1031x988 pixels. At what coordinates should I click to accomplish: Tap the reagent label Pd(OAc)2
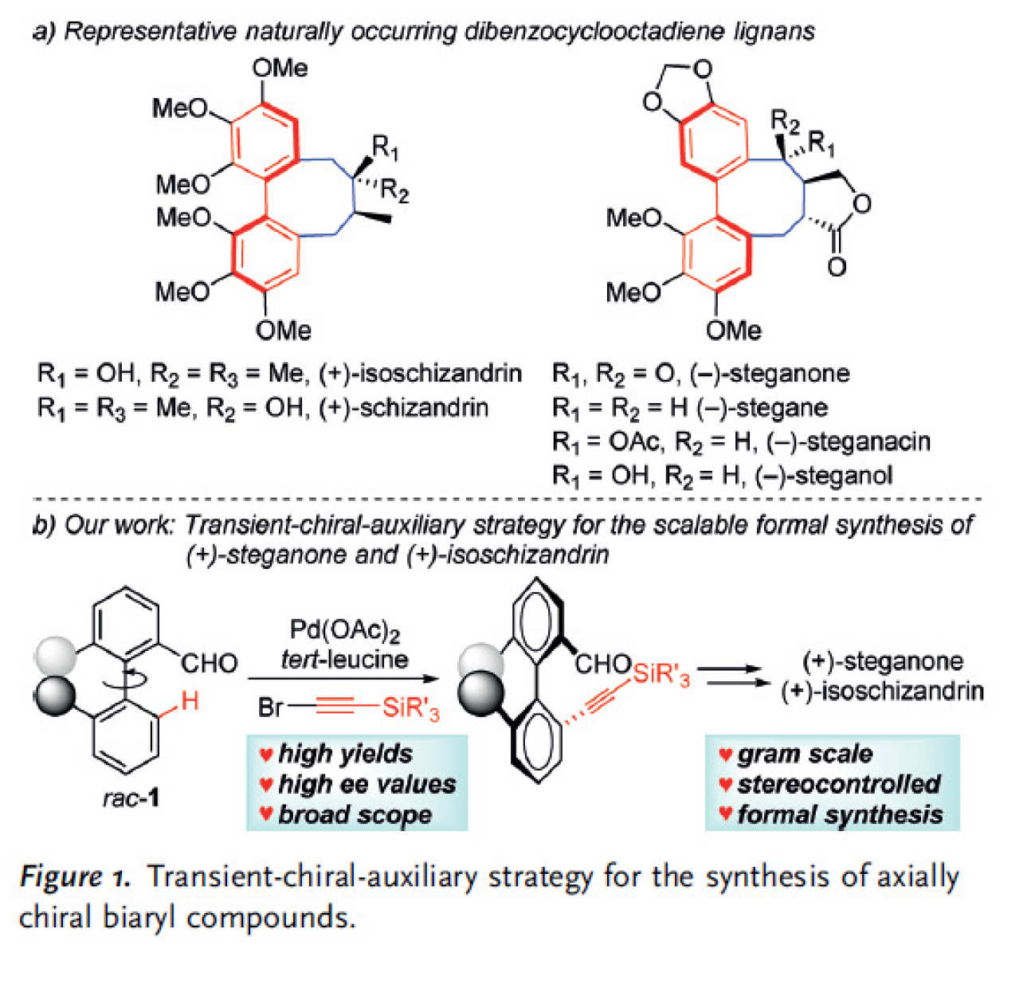tap(344, 630)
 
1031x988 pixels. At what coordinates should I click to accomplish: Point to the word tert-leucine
tap(344, 659)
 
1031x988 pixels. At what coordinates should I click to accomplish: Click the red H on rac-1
tap(189, 701)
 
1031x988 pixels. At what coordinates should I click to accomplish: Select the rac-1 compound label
tap(131, 797)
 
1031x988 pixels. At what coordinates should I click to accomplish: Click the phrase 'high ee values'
tap(367, 784)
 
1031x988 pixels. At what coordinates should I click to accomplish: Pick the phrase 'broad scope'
tap(355, 814)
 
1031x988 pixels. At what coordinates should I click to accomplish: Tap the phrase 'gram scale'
tap(805, 754)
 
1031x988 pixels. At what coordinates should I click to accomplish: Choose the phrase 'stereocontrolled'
tap(838, 784)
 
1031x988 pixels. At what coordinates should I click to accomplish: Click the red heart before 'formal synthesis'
tap(725, 814)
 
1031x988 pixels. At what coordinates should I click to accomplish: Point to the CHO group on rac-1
tap(209, 663)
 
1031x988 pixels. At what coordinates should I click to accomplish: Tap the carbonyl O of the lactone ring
tap(836, 266)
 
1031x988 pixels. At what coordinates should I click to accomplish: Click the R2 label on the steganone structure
tap(784, 121)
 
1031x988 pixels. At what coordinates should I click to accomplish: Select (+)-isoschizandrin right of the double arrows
tap(883, 691)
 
